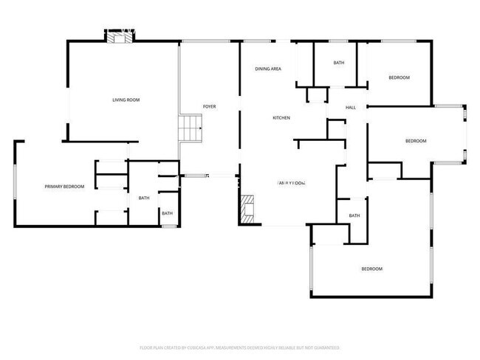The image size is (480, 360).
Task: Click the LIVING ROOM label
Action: click(126, 100)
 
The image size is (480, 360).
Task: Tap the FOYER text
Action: click(210, 107)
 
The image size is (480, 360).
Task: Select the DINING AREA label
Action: click(268, 69)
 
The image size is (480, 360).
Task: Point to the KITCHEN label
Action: click(281, 118)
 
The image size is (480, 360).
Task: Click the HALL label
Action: click(351, 108)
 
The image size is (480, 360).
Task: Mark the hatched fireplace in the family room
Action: click(247, 209)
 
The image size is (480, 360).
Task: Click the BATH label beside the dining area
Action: click(338, 63)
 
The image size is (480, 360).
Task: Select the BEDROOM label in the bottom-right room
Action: click(371, 269)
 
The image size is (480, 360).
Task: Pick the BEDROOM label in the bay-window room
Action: click(416, 141)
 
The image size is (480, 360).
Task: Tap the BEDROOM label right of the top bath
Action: click(399, 77)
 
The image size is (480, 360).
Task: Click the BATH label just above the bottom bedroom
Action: click(354, 215)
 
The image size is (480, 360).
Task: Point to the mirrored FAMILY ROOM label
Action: click(292, 183)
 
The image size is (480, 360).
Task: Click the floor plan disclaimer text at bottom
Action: click(239, 347)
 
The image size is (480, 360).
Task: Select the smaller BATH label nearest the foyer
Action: click(168, 213)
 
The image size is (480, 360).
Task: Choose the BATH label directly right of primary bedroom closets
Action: click(143, 198)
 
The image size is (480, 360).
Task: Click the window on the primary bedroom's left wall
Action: click(16, 181)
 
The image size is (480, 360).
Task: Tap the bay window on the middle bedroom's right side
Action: click(464, 133)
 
